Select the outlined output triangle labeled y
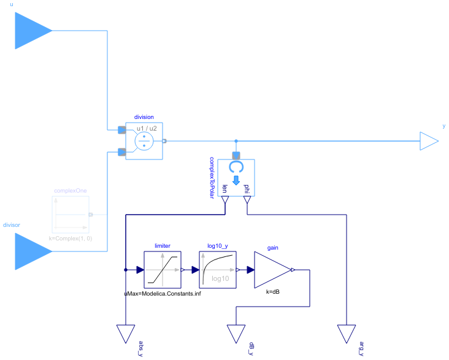429,141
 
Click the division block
144,141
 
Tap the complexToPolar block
236,178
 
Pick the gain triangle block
272,270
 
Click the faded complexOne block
71,215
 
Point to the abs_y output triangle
125,334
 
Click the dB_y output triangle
236,334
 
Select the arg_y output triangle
346,334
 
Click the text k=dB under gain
273,292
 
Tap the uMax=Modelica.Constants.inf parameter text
163,293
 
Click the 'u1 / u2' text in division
147,129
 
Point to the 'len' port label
225,189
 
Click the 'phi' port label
247,189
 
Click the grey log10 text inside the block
220,278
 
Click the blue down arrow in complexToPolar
236,180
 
